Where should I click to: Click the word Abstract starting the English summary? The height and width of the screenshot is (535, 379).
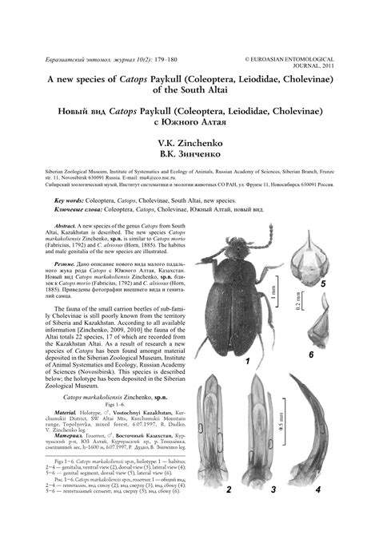tap(60, 228)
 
